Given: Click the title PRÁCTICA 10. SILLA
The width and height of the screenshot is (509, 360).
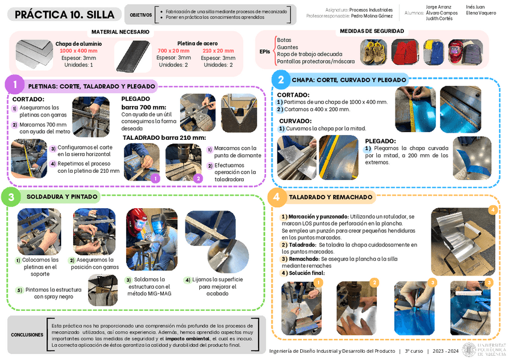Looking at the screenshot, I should (x=64, y=15).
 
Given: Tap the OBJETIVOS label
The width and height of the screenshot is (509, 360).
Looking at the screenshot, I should (x=140, y=15).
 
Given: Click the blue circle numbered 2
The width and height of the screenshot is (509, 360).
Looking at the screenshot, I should (x=279, y=79).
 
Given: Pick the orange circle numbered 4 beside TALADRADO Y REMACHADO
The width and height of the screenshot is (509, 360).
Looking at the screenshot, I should (x=276, y=197).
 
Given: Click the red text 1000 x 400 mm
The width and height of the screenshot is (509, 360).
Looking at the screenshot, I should (x=79, y=51).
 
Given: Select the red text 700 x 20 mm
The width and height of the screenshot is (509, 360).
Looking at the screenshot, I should (x=173, y=50).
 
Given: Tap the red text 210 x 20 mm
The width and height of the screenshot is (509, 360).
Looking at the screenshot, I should (x=218, y=50).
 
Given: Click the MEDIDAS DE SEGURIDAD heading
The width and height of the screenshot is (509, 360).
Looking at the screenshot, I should (x=372, y=31).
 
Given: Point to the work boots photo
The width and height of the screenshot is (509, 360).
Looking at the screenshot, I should (x=373, y=52).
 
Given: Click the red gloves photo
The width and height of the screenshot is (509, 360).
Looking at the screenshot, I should (x=405, y=52).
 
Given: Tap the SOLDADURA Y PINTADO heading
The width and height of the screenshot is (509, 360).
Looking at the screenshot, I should (x=62, y=197).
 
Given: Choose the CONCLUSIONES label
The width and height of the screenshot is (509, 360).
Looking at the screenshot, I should (x=26, y=335).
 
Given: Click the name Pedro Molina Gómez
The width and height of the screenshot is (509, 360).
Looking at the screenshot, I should (x=379, y=16).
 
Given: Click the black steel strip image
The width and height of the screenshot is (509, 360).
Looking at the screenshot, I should (x=131, y=56).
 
